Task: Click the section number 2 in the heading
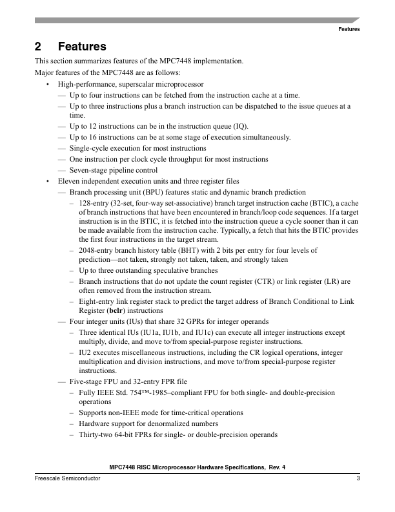pyautogui.click(x=38, y=47)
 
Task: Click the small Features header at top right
pyautogui.click(x=349, y=29)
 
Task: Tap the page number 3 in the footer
pyautogui.click(x=358, y=478)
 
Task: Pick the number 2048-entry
pyautogui.click(x=96, y=250)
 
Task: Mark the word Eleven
pyautogui.click(x=68, y=182)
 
